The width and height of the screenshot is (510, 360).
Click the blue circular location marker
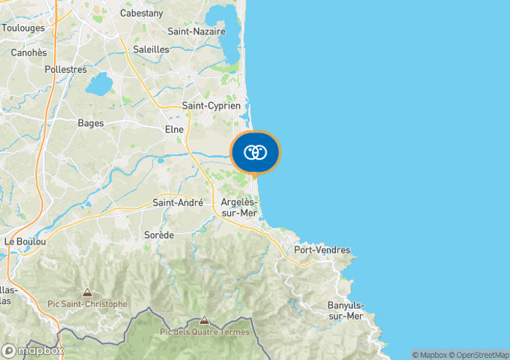coord(255,153)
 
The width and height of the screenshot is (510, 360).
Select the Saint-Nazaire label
coord(196,31)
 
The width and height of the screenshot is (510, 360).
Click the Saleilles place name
coord(152,50)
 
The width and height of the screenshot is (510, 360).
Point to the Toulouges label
coord(23,28)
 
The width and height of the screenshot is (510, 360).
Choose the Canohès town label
coord(29,52)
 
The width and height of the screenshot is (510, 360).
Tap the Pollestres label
coord(66,70)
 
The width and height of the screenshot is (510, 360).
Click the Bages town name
coord(91,123)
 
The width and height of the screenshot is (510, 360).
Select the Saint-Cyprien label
coord(211,106)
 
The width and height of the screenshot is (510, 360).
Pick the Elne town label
coord(174,129)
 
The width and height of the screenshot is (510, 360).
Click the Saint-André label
coord(178,203)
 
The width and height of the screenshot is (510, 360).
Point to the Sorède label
coord(159,235)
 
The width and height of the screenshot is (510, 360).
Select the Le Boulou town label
coord(25,241)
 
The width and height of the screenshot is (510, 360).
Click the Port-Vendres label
coord(321,250)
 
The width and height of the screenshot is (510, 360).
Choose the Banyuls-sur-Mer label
coord(345,310)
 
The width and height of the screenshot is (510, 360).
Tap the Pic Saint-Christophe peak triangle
coord(87,292)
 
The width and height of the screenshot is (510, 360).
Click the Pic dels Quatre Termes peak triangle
coord(204,320)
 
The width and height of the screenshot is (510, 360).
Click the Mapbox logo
coord(33,351)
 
